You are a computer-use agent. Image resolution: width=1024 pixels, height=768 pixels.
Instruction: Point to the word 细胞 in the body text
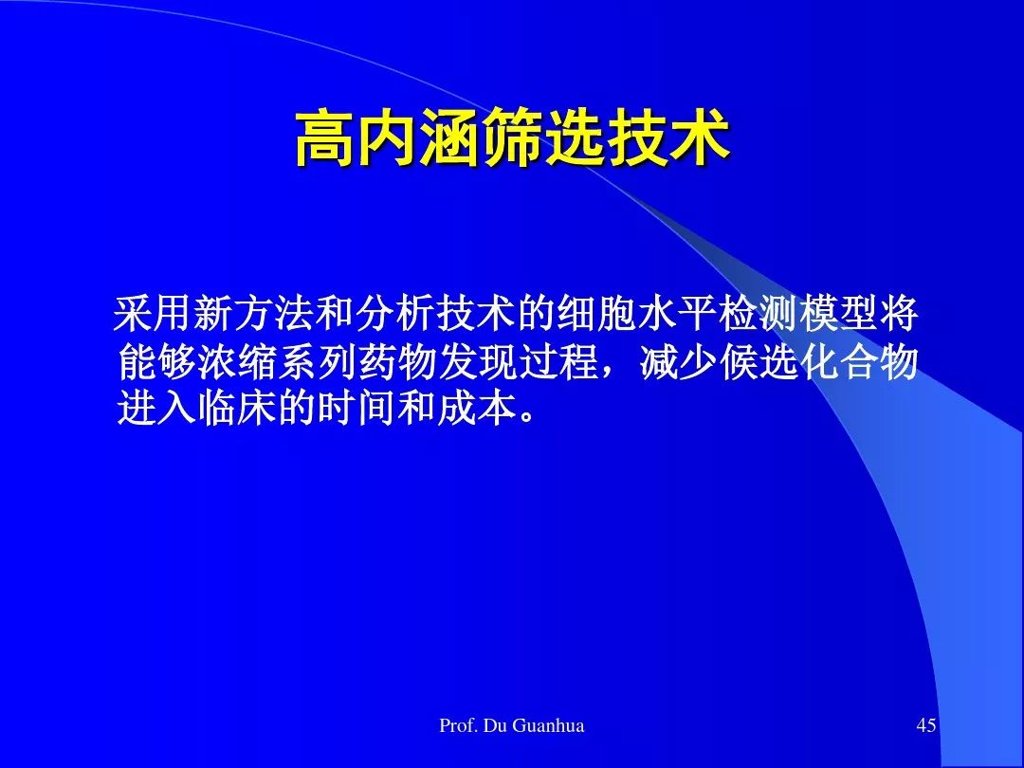[594, 315]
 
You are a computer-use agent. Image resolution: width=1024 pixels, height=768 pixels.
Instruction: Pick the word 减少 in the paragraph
[677, 362]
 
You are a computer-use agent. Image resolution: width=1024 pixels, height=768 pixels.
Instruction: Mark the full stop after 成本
[528, 417]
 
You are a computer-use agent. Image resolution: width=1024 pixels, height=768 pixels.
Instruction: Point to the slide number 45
[926, 725]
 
